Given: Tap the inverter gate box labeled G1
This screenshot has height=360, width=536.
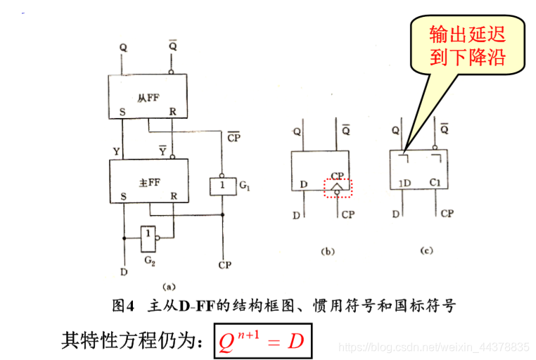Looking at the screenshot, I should (x=222, y=186).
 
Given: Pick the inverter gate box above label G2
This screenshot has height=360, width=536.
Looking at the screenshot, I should (x=149, y=239).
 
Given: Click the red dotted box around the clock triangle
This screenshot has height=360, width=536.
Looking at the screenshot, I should (x=338, y=187).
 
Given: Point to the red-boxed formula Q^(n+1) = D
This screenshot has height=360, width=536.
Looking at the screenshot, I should (x=261, y=342).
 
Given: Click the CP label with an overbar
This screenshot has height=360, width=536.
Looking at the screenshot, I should (x=234, y=137).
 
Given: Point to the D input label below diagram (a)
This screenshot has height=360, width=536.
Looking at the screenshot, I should (x=124, y=271).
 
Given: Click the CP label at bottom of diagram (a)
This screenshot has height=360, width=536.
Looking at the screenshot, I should (x=224, y=265).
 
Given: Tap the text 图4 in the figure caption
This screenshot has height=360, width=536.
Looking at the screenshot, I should (x=123, y=306).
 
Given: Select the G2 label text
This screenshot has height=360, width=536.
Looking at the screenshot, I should (x=148, y=262).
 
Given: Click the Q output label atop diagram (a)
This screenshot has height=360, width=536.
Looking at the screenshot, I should (x=124, y=48).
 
